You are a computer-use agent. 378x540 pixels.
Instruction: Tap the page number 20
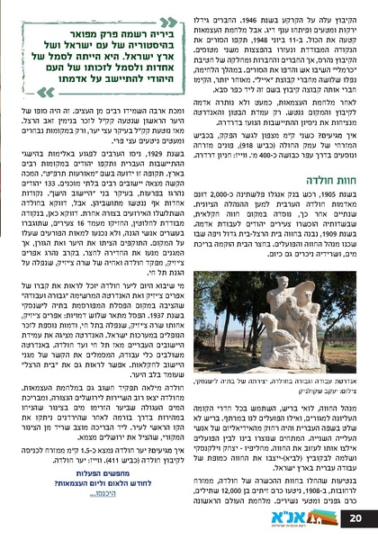point(355,518)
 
